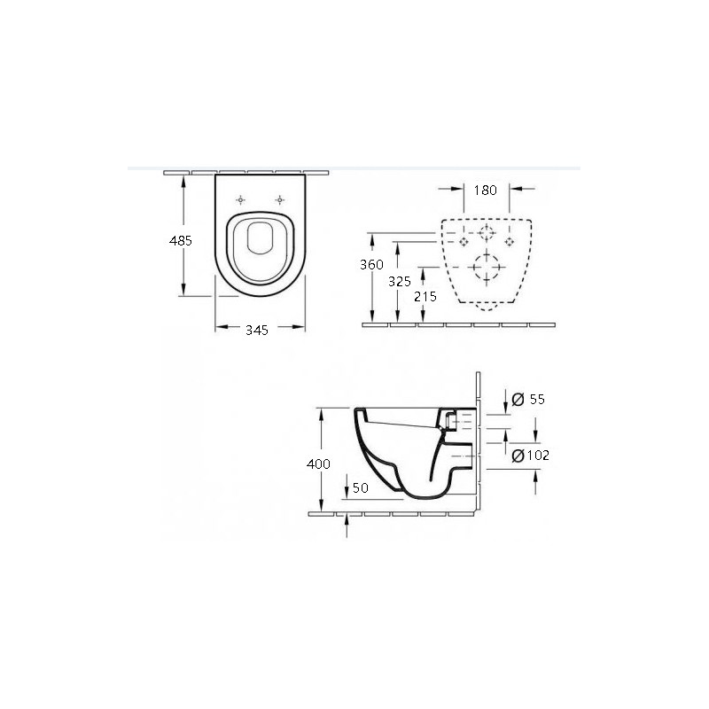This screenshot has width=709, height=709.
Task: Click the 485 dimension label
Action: pyautogui.click(x=181, y=240)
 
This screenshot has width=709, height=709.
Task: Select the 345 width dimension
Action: pyautogui.click(x=257, y=330)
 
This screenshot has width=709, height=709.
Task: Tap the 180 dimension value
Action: pyautogui.click(x=485, y=191)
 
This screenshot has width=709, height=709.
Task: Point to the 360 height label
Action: pyautogui.click(x=371, y=264)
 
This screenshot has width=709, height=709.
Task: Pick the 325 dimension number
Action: pyautogui.click(x=400, y=282)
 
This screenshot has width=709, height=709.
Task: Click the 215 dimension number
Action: pyautogui.click(x=425, y=297)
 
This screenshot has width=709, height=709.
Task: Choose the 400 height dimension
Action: pyautogui.click(x=318, y=464)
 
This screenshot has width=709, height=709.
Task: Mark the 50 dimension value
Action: pyautogui.click(x=361, y=488)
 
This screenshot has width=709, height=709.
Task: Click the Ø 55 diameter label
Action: pyautogui.click(x=528, y=400)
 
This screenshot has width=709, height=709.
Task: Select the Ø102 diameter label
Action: pyautogui.click(x=530, y=456)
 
